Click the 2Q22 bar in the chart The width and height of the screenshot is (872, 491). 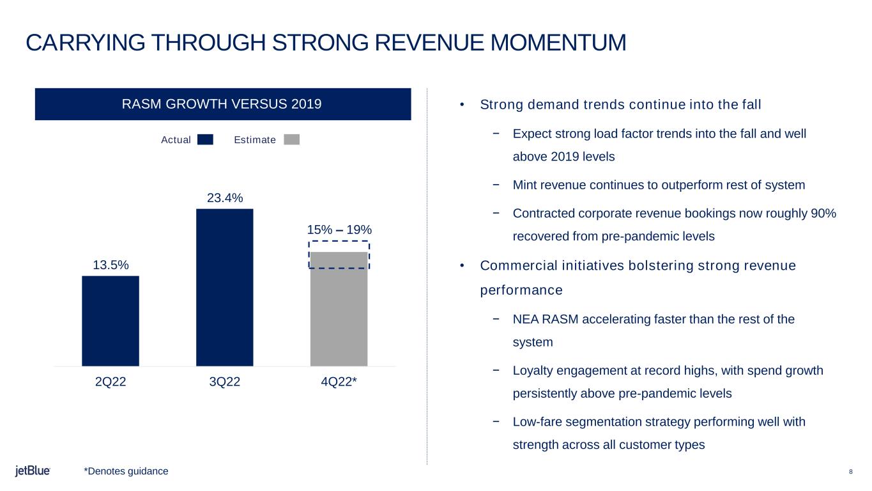point(111,320)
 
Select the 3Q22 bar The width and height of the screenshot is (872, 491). point(224,287)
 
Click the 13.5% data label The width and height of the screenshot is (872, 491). point(111,265)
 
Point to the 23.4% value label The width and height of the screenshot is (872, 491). point(225,198)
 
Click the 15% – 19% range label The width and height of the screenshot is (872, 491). point(339,230)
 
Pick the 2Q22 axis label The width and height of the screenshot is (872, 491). point(111,382)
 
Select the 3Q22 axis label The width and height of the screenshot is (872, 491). point(225,382)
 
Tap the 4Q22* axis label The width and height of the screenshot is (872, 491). point(339,382)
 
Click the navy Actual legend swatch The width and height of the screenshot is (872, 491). point(205,139)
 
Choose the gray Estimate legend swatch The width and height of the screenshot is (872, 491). point(291,139)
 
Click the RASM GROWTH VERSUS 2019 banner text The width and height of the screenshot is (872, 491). point(222,104)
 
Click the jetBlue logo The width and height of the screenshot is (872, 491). point(33,471)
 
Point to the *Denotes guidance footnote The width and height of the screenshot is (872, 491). point(126,471)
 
